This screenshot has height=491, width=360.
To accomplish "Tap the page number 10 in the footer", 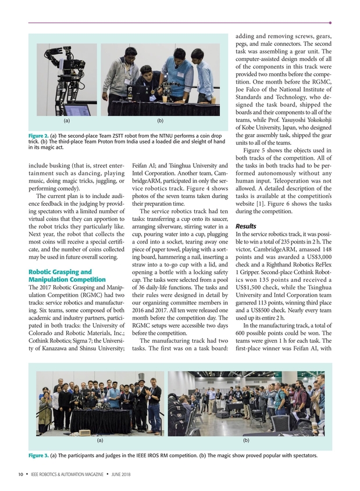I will [20, 475].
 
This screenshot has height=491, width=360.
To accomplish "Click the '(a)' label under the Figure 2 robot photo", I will [67, 121].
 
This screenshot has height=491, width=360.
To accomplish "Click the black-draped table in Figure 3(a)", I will [100, 420].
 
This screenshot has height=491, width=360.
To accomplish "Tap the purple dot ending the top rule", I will [330, 23].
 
